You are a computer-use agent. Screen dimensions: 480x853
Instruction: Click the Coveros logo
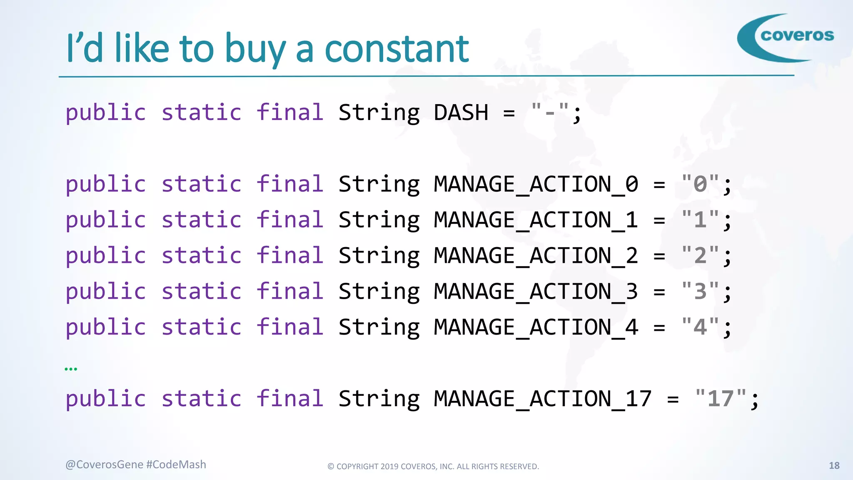click(785, 37)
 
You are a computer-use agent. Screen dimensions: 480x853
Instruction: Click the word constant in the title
click(397, 49)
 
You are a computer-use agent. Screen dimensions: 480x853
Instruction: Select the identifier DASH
click(461, 113)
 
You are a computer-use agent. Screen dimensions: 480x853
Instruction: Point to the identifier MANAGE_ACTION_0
click(536, 185)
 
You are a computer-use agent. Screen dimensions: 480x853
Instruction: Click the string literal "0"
click(700, 184)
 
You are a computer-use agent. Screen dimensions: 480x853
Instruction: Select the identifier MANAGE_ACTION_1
click(536, 220)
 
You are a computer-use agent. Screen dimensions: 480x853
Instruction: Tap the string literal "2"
click(700, 255)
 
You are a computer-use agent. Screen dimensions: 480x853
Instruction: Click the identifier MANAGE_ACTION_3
click(536, 291)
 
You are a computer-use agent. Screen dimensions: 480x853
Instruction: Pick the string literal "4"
click(700, 327)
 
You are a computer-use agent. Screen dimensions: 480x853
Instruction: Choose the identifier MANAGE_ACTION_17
click(542, 399)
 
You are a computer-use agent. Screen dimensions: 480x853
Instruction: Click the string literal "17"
click(721, 398)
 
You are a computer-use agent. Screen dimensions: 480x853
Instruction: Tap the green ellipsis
click(71, 369)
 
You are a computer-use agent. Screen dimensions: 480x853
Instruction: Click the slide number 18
click(834, 465)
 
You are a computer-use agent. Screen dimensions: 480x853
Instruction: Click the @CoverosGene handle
click(104, 465)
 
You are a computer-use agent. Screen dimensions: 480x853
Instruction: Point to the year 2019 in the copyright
click(389, 467)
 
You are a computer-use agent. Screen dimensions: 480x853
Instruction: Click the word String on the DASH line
click(379, 113)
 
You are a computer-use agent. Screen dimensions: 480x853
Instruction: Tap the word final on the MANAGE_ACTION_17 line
click(289, 399)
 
